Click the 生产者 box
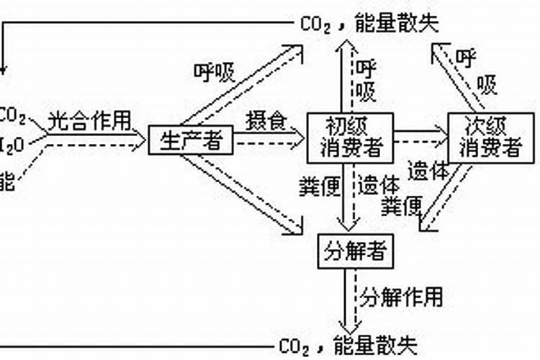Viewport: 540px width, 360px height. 191,140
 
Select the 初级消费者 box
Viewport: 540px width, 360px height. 349,138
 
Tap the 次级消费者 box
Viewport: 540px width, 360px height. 491,138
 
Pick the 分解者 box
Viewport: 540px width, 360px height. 354,251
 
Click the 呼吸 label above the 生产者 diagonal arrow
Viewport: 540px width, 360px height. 215,72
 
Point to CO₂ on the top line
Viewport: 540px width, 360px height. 315,24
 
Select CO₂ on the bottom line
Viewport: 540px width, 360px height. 294,347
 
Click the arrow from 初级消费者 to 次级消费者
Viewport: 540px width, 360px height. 420,135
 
